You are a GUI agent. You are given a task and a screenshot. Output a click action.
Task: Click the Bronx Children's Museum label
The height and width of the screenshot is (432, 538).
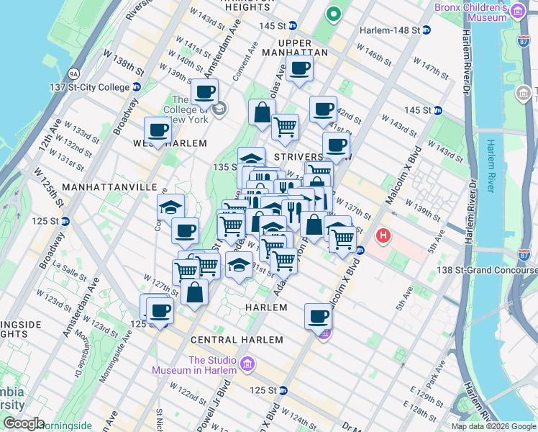click(x=471, y=12)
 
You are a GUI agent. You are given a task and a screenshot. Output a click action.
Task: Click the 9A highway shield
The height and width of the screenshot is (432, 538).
click(x=73, y=73)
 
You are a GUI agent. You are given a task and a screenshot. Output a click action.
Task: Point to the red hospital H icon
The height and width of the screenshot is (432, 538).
click(x=383, y=235)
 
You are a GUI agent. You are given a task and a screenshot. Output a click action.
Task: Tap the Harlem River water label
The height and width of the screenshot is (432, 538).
click(x=492, y=166)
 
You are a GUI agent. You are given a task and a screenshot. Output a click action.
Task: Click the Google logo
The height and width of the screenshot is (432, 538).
click(x=23, y=423)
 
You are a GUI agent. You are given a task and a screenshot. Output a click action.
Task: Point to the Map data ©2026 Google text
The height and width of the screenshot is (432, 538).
click(x=493, y=426)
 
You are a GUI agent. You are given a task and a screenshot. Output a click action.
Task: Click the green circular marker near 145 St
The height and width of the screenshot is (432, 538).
click(x=334, y=13)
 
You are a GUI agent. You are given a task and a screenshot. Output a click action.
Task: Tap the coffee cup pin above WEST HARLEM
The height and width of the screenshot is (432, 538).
click(x=158, y=130)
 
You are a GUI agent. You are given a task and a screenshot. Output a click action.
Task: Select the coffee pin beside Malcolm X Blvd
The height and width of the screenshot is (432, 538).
click(x=318, y=315)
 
